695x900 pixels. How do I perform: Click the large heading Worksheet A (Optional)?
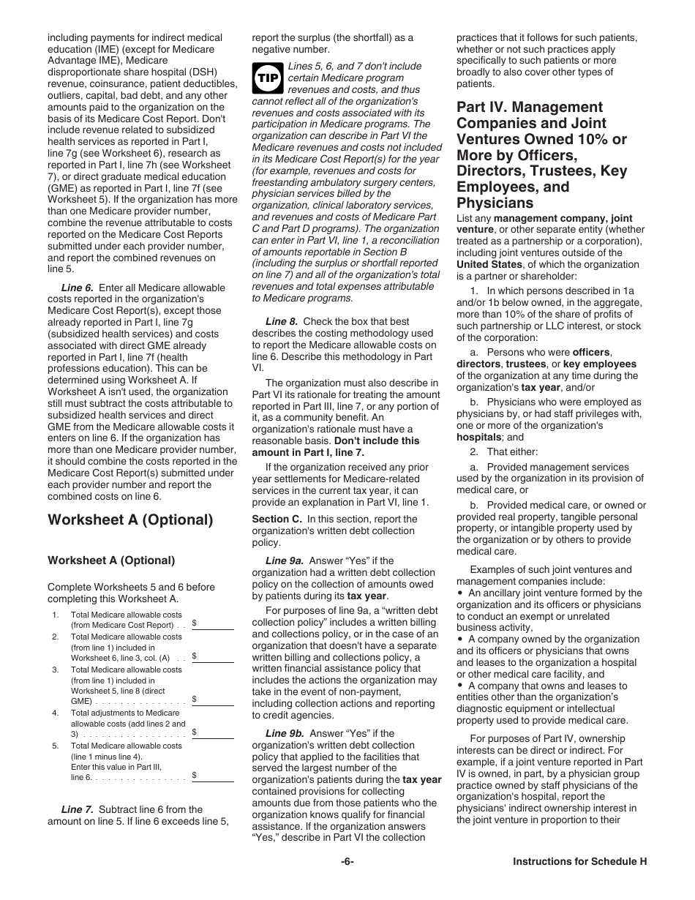130,520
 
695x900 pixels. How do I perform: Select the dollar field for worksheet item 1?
213,623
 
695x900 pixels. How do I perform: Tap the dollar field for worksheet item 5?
213,776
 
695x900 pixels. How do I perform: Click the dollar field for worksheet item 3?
213,700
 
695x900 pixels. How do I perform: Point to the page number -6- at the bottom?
347,862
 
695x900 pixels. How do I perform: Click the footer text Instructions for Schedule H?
579,862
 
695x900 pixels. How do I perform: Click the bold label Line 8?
281,321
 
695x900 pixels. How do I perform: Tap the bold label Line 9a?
283,560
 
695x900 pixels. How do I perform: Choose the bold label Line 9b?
283,733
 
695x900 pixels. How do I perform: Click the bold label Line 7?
77,809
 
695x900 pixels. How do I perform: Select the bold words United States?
489,264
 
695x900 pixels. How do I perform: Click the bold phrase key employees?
599,364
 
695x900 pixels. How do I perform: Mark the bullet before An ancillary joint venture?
460,593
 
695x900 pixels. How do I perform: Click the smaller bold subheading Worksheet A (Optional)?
111,560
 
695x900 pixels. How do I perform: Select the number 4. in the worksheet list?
56,713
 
